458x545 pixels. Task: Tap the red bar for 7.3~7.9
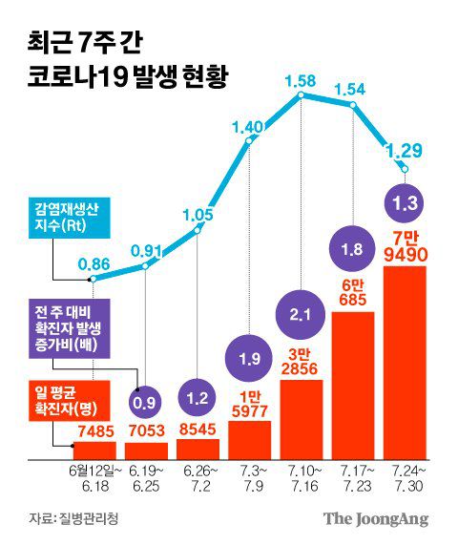[249, 439]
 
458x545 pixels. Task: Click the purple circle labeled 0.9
[146, 403]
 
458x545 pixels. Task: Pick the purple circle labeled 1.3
[404, 201]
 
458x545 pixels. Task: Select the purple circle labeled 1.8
[352, 250]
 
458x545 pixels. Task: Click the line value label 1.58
[301, 76]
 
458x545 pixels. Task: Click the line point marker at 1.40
[249, 143]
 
